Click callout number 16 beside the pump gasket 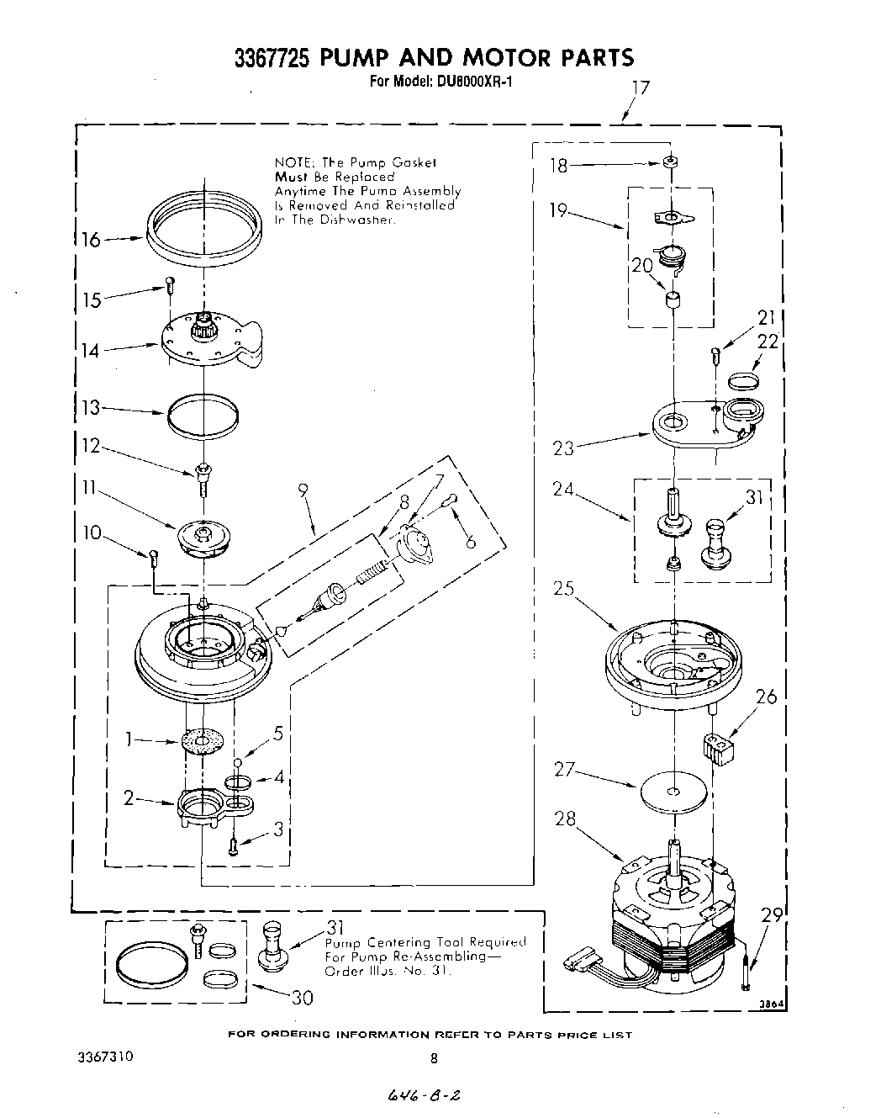91,241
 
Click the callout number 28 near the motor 565,818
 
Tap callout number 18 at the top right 559,166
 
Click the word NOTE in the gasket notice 290,162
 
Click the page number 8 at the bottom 434,1058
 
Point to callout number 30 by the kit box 302,997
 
